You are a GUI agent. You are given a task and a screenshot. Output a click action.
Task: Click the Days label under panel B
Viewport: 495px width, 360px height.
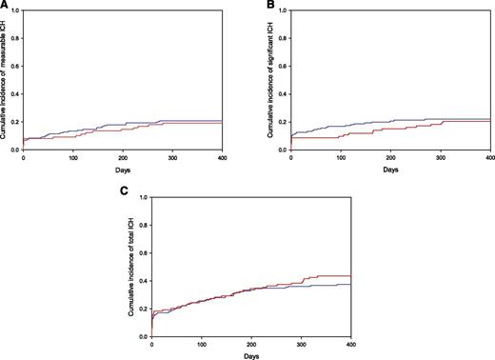click(390, 170)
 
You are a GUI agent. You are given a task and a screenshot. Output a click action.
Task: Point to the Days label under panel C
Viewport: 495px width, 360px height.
click(250, 356)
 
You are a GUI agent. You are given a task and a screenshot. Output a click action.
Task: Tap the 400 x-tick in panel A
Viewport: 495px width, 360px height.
click(222, 158)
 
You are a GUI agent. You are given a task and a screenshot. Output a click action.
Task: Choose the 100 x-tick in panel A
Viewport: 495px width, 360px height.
click(73, 158)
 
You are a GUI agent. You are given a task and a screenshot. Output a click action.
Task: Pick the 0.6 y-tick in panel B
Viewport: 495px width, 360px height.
click(285, 66)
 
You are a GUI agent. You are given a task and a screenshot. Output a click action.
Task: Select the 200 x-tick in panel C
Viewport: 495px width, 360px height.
click(250, 344)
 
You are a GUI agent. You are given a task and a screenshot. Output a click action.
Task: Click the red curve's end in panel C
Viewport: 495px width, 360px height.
click(350, 276)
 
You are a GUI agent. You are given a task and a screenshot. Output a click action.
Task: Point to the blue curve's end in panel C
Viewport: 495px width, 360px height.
click(350, 285)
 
